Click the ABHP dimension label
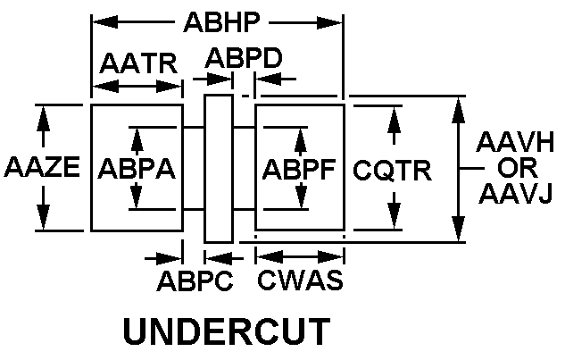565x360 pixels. click(217, 21)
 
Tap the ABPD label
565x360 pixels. click(245, 59)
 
